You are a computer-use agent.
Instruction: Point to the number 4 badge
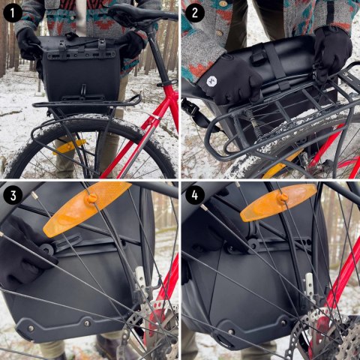195,195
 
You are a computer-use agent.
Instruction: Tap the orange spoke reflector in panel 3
87,207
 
